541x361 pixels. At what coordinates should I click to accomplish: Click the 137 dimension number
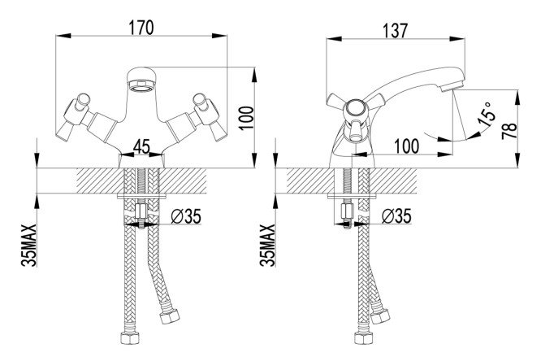392,27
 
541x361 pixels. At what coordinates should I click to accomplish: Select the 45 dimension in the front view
141,146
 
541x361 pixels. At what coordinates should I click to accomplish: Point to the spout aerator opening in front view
143,80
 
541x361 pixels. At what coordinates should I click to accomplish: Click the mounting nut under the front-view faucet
141,215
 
